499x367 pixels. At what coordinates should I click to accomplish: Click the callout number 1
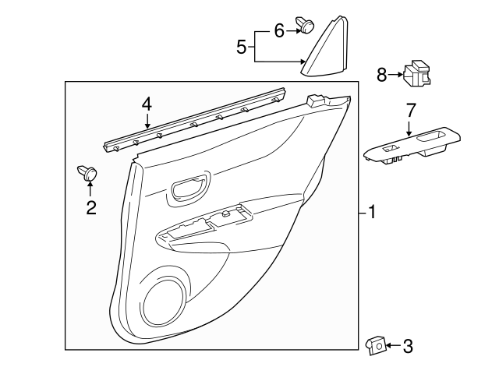373,212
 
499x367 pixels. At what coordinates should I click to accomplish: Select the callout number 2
91,207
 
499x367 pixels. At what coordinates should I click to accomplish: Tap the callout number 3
408,344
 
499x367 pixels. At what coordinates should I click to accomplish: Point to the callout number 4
147,104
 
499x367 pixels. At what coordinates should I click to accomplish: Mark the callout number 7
410,111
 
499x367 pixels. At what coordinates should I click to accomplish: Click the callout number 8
381,74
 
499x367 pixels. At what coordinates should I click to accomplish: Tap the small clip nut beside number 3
375,343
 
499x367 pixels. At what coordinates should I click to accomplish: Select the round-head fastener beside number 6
306,27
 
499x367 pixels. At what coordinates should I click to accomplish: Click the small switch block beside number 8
419,74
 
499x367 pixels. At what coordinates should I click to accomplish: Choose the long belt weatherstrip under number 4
195,120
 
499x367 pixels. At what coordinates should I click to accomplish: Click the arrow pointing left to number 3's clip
393,344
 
